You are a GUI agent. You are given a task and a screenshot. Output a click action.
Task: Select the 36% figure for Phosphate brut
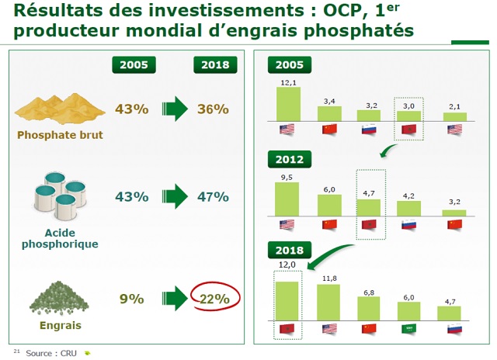pyautogui.click(x=214, y=109)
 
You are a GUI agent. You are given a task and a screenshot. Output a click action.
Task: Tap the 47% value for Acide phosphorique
pyautogui.click(x=214, y=196)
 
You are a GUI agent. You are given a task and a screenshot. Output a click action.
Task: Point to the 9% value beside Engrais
pyautogui.click(x=131, y=299)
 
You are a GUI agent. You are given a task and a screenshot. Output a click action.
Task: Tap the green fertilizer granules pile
pyautogui.click(x=59, y=296)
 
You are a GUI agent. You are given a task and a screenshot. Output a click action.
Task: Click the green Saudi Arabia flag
pyautogui.click(x=409, y=329)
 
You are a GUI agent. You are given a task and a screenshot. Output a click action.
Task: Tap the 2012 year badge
pyautogui.click(x=289, y=160)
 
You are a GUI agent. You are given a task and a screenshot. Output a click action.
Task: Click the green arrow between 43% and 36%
pyautogui.click(x=172, y=109)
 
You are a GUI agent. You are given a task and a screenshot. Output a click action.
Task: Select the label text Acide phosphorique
pyautogui.click(x=60, y=237)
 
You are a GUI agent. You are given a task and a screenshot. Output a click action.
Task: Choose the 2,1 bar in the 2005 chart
pyautogui.click(x=454, y=116)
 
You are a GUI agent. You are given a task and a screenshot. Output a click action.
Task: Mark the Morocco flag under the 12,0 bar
pyautogui.click(x=287, y=329)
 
